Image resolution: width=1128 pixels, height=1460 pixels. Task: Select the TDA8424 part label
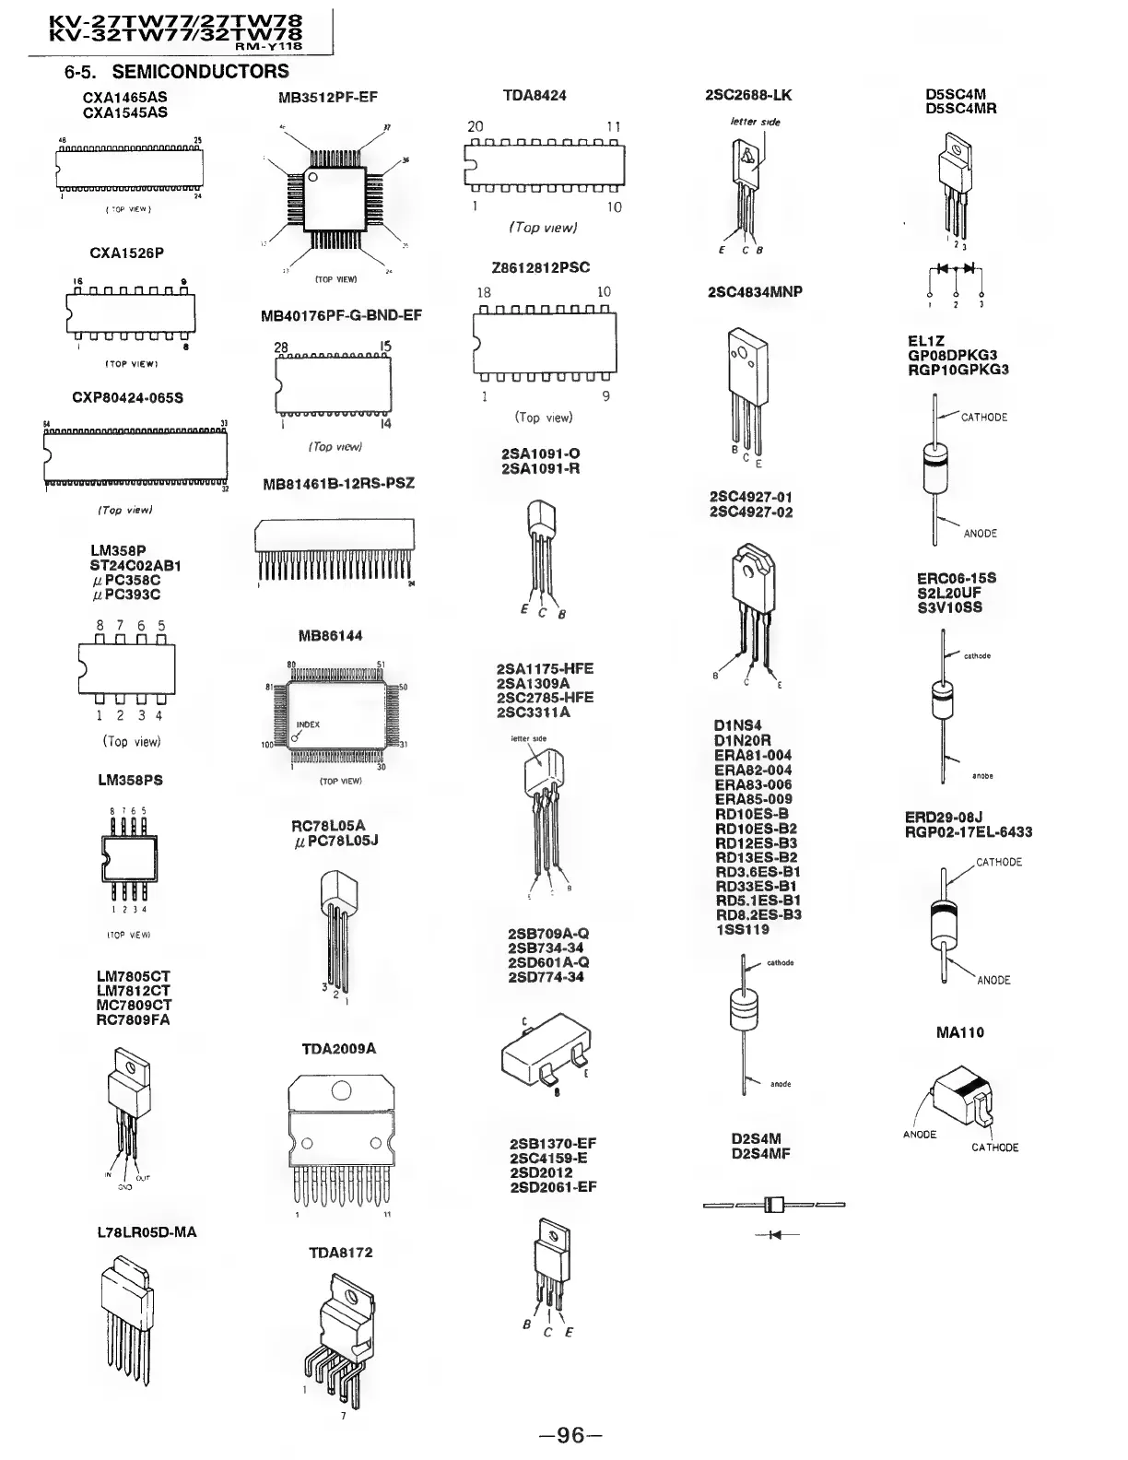coord(535,95)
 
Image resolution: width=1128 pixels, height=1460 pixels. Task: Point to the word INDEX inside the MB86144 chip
coord(308,724)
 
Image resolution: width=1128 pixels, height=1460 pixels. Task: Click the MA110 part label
coord(959,1032)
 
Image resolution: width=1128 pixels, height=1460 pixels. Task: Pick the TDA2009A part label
coord(338,1049)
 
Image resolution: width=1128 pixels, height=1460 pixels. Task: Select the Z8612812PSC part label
coord(541,267)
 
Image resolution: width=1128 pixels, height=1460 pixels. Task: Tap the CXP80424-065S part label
coord(127,398)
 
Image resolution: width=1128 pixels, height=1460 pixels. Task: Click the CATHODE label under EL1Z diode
coord(984,418)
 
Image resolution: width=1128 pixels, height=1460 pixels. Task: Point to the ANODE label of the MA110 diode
coord(920,1135)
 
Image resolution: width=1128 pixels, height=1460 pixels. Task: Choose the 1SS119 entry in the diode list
coord(742,930)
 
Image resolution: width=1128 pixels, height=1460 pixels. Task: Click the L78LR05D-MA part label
coord(147,1232)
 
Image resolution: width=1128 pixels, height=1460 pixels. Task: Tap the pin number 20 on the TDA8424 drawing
coord(476,126)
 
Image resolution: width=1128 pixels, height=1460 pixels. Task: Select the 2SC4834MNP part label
coord(755,292)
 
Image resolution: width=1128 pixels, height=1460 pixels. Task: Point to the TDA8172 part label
coord(340,1253)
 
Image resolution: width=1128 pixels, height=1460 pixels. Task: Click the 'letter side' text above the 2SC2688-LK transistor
coord(755,122)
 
